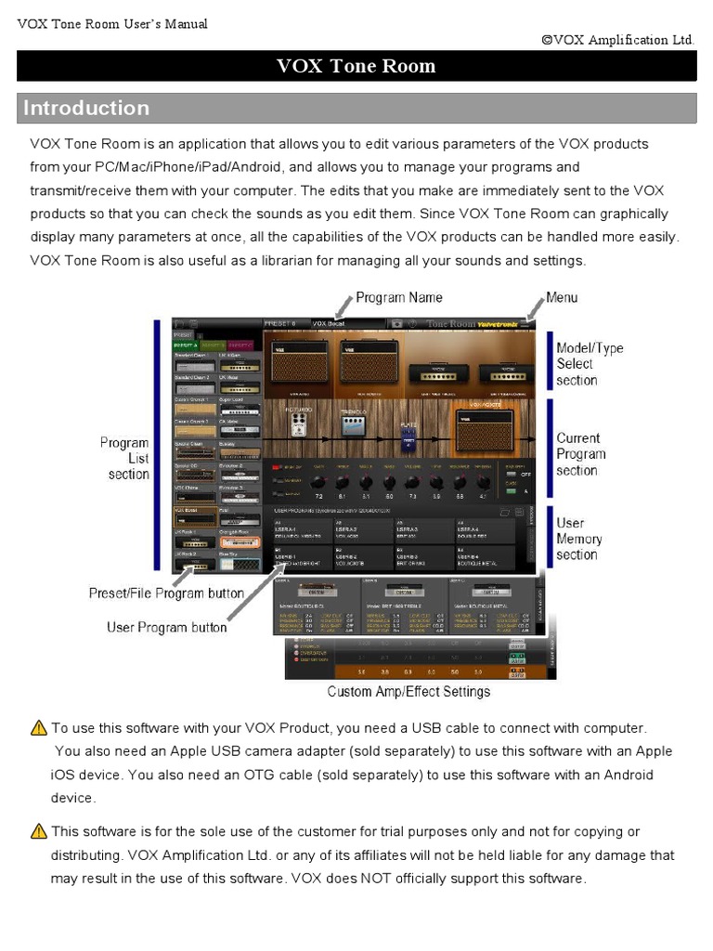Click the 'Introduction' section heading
point(86,108)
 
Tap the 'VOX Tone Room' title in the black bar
point(356,66)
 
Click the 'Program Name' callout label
point(399,297)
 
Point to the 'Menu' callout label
point(561,297)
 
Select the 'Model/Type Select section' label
point(590,364)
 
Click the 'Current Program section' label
point(581,454)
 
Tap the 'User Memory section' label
point(579,539)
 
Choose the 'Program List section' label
point(124,459)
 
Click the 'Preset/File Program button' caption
point(166,593)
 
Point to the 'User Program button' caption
point(166,628)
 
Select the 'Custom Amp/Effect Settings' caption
point(408,691)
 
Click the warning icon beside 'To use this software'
point(39,728)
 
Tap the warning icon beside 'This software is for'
point(39,831)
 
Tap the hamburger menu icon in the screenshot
point(526,324)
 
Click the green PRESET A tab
point(184,345)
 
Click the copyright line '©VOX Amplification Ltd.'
point(617,39)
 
